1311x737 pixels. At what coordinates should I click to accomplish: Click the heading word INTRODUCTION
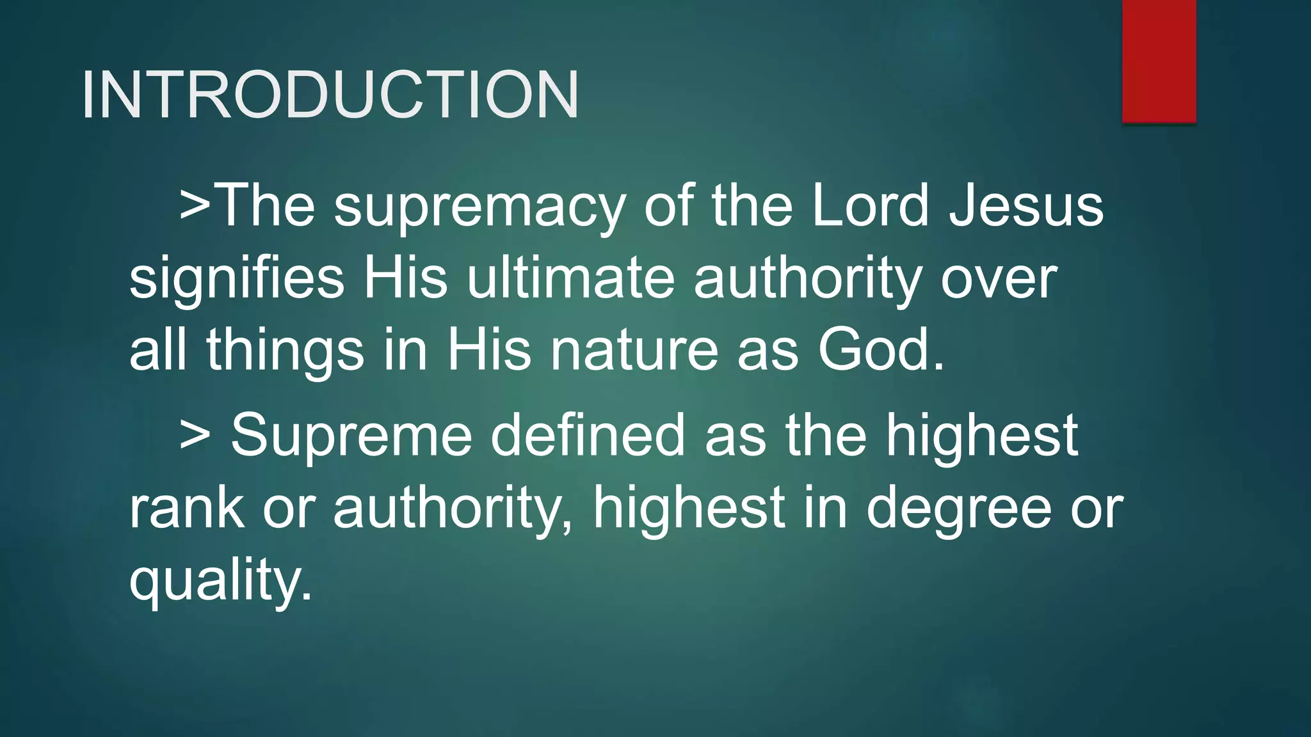point(330,95)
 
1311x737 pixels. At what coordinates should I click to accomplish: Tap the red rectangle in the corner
point(1159,61)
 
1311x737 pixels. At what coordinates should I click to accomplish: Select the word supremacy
point(479,206)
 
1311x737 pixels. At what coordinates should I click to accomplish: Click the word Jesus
point(1026,206)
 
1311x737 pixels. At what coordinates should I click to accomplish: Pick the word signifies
point(237,279)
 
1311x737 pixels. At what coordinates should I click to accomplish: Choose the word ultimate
point(570,279)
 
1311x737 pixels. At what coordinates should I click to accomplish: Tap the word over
point(999,279)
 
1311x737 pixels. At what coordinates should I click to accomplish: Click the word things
point(285,351)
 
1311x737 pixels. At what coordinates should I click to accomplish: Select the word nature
point(634,351)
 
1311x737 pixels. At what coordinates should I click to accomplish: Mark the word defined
point(588,435)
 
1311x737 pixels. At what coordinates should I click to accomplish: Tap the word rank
point(186,508)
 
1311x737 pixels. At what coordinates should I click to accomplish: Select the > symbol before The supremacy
point(195,206)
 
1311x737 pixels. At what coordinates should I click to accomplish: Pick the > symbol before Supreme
point(195,435)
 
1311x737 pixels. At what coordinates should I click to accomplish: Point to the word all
point(158,351)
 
